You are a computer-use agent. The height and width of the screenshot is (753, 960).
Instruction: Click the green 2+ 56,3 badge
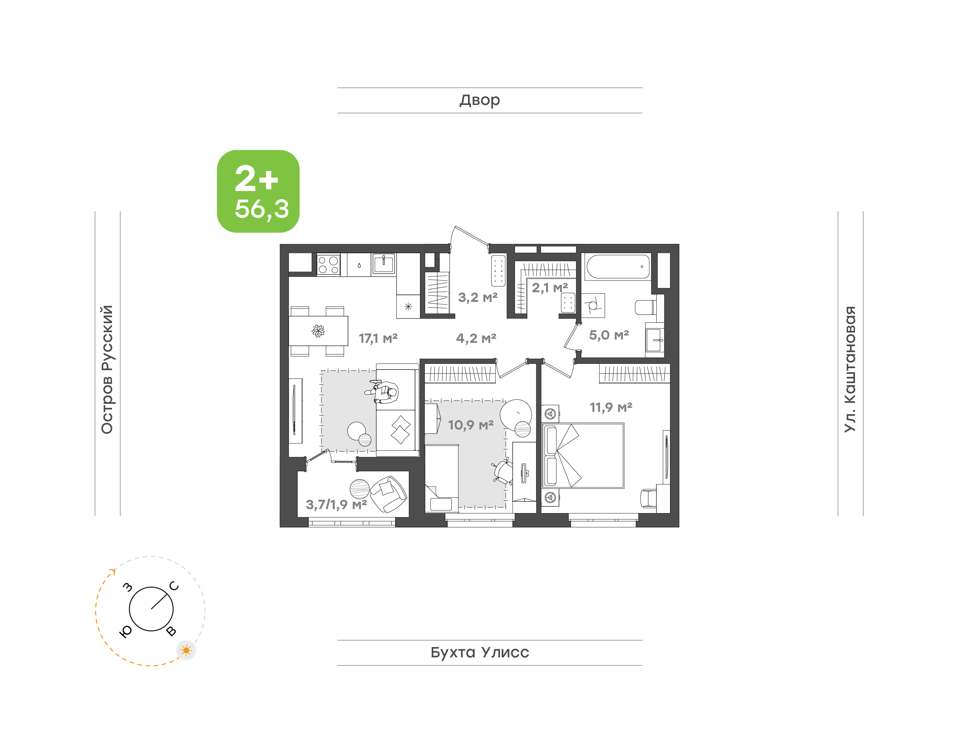(x=258, y=191)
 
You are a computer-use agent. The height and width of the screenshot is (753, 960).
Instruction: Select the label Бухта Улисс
(x=479, y=652)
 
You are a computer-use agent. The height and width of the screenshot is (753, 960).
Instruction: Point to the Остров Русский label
(x=107, y=370)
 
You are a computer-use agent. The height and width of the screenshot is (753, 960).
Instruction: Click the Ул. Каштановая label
(x=850, y=369)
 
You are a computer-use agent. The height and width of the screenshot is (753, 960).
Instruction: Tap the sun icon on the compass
(x=186, y=650)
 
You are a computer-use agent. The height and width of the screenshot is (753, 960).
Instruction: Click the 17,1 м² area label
(x=378, y=338)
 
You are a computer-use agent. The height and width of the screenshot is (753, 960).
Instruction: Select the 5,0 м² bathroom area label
(x=609, y=335)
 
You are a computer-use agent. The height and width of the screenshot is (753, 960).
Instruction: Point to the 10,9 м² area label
(x=471, y=425)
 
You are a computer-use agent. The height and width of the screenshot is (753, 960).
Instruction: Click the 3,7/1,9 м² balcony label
(x=336, y=504)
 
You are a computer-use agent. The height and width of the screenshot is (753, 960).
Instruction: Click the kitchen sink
(x=384, y=264)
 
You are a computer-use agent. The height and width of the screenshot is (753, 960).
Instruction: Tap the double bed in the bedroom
(x=583, y=455)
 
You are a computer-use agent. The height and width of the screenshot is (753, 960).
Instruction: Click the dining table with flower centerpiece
(x=318, y=331)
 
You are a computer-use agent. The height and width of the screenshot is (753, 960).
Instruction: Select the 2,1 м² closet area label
(x=549, y=288)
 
